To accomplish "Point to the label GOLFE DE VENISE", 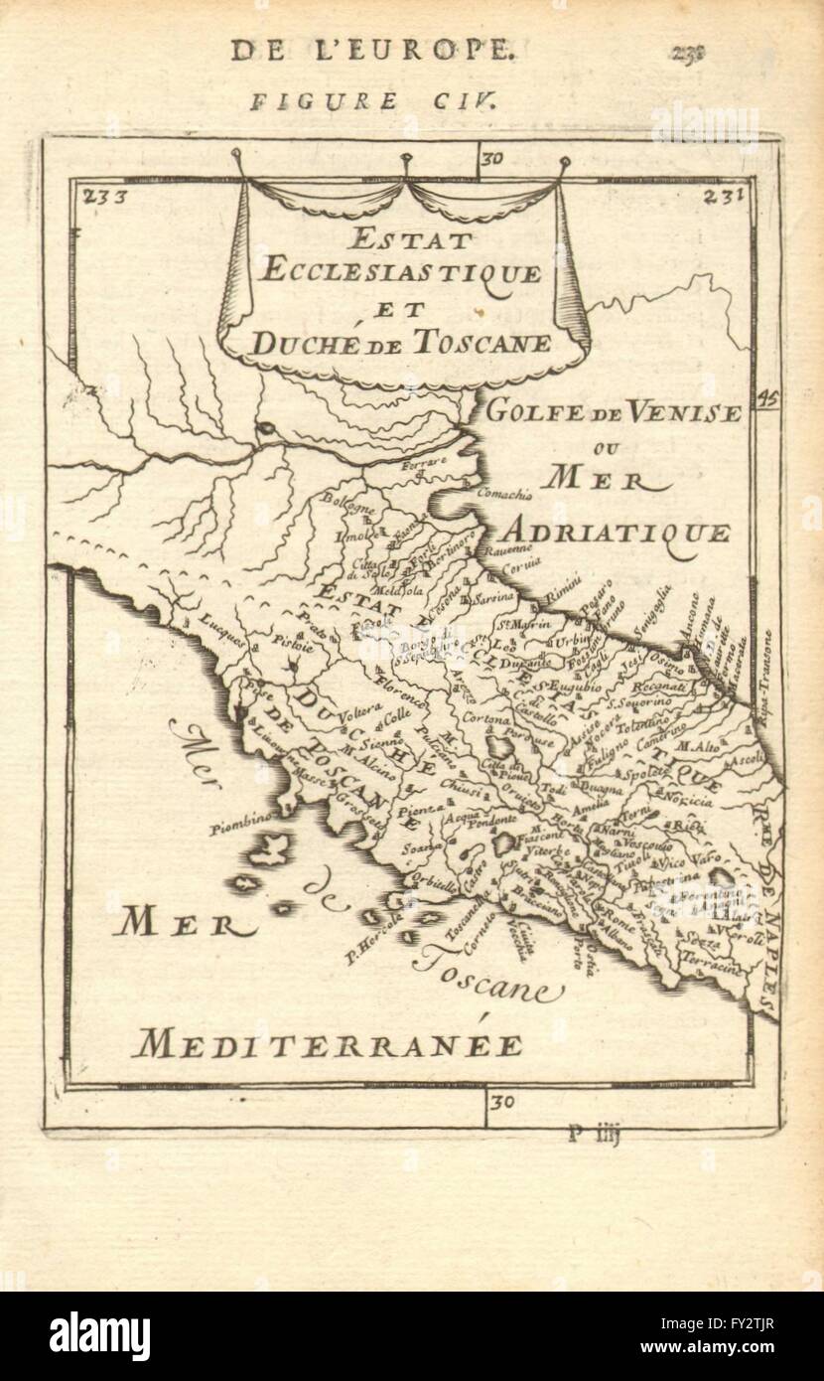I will coord(613,411).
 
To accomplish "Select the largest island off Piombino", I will coord(268,850).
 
